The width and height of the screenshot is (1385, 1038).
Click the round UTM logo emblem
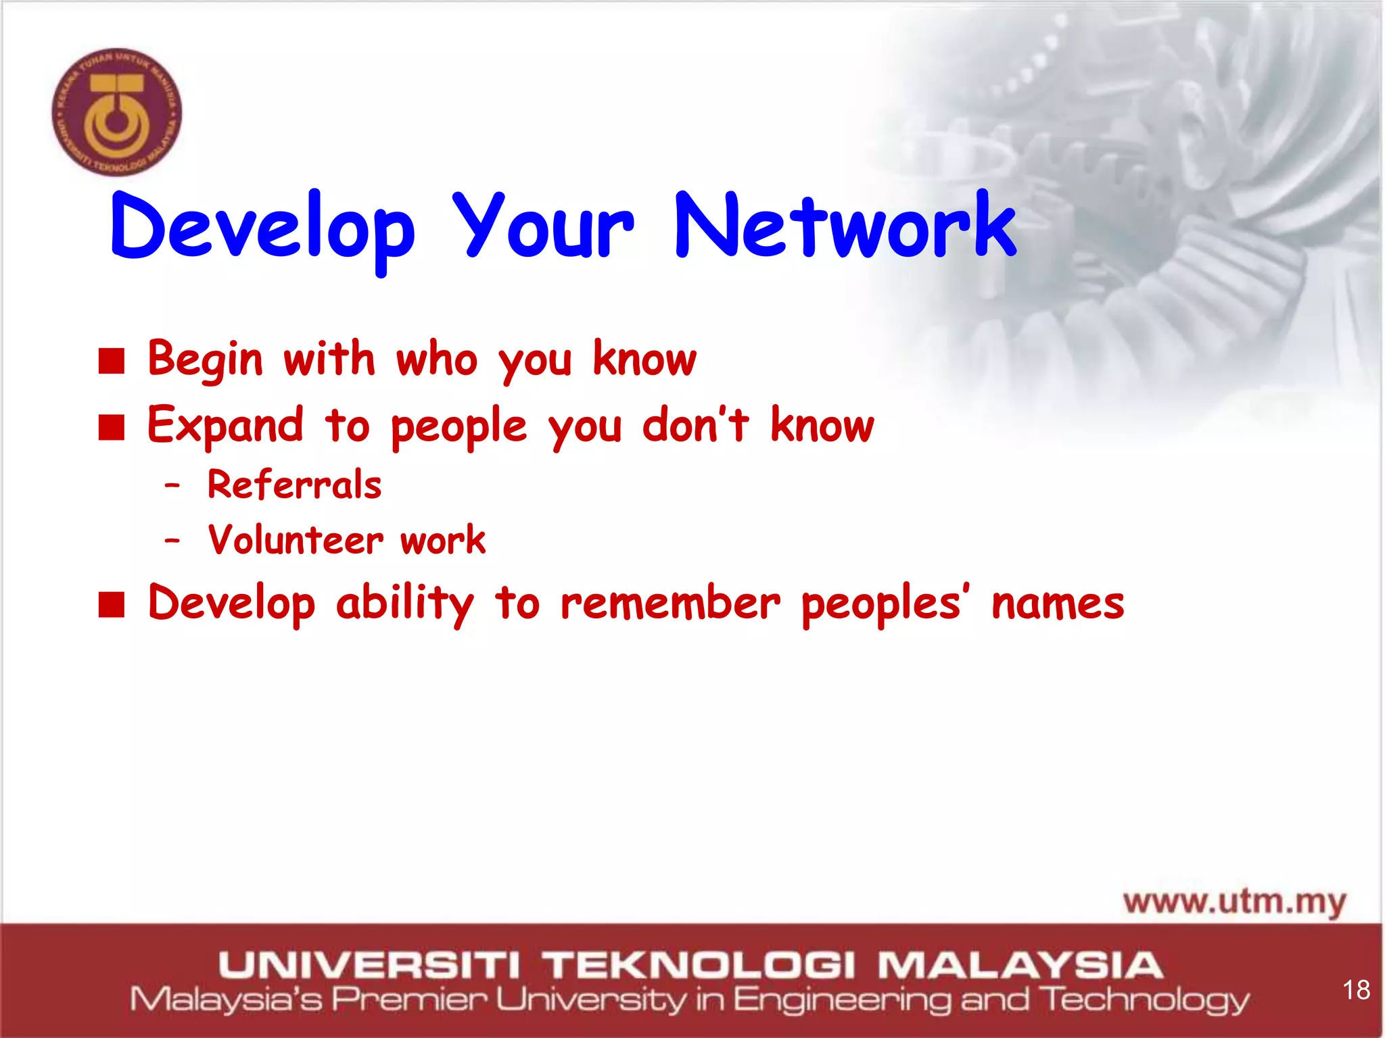117,112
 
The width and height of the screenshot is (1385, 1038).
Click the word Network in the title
845,226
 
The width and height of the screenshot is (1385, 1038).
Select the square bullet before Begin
112,361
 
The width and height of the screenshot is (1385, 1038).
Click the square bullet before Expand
112,427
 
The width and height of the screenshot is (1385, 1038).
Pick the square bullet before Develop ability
112,604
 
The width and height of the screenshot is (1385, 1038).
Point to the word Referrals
294,485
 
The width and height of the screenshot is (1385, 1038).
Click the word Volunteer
296,540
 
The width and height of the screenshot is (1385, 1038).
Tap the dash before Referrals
172,486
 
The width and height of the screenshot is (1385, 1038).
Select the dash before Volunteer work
172,541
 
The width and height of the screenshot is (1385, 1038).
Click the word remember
670,603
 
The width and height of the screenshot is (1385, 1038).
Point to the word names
1058,603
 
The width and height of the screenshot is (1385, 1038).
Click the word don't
695,426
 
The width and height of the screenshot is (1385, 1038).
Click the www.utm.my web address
1235,903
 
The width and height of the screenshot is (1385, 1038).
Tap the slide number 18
1356,990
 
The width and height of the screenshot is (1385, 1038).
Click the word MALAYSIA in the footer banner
1020,964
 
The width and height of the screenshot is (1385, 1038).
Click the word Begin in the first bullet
205,360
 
